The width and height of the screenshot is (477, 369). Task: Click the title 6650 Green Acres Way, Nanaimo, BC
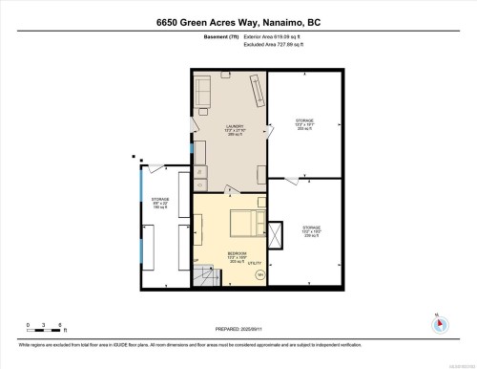(238, 22)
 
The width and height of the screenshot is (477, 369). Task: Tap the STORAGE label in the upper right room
(304, 120)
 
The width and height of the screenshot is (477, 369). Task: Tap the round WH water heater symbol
(259, 273)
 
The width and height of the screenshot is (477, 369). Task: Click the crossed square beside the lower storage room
(277, 233)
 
